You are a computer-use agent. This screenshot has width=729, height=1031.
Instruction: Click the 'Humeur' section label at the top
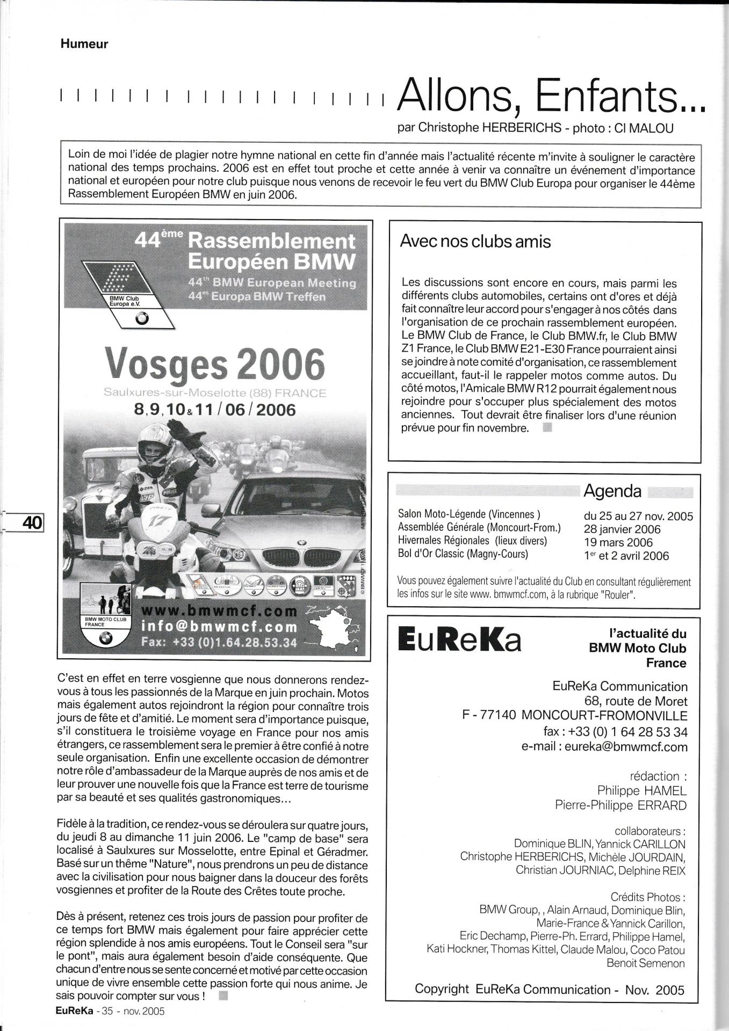point(84,45)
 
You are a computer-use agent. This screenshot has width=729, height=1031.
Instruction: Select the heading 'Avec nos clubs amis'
point(475,242)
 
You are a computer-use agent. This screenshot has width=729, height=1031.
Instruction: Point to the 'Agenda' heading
point(612,491)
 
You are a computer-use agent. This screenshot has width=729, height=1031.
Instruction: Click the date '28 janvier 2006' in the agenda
point(622,529)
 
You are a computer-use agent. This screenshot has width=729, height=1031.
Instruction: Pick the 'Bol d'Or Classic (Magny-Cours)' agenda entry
point(463,554)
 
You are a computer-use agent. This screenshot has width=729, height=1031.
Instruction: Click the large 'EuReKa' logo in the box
point(459,641)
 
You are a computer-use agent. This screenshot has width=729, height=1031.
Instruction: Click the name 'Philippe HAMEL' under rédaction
point(641,790)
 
